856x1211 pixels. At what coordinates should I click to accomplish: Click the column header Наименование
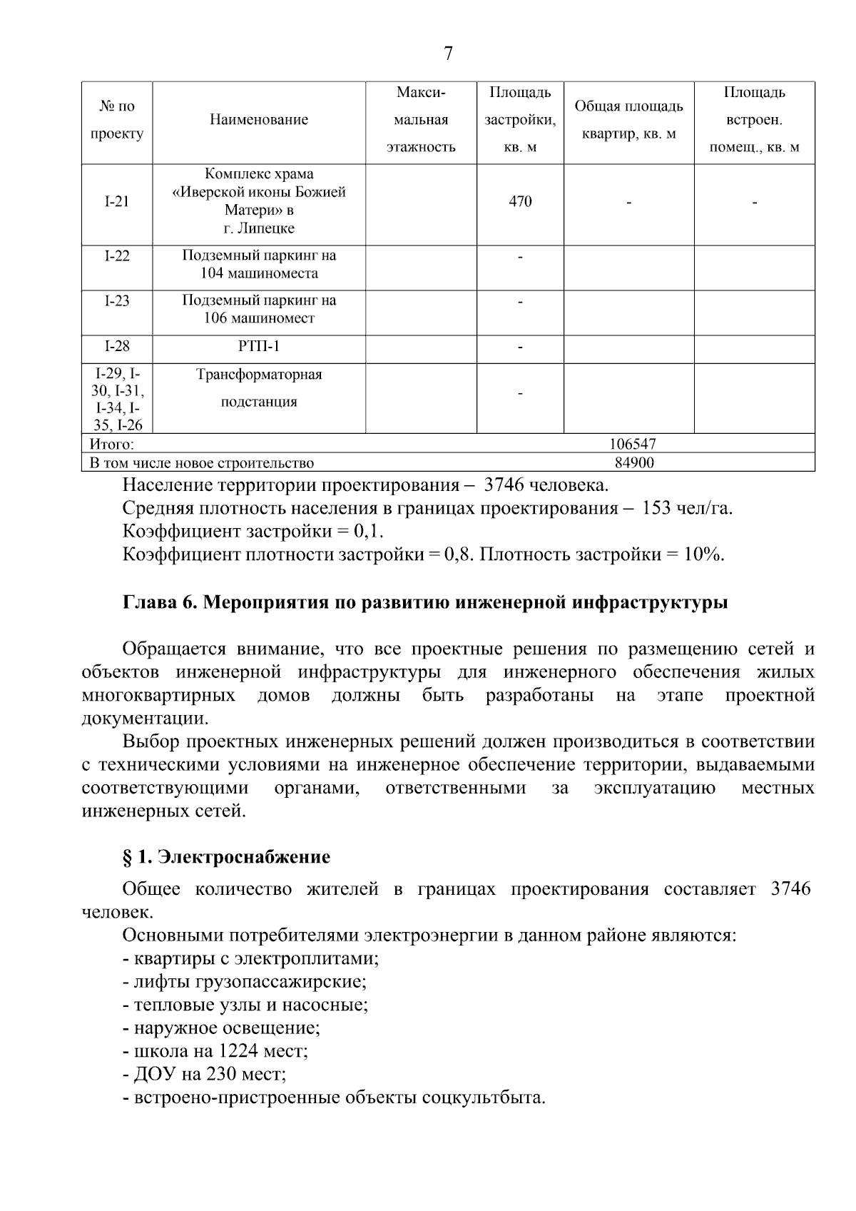(x=259, y=120)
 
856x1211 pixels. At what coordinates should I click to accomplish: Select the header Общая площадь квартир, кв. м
(x=628, y=120)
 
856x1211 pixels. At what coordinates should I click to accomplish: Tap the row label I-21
(x=117, y=202)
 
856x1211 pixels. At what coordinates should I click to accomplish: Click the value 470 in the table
(x=520, y=202)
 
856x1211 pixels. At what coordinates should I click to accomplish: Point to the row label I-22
(x=117, y=256)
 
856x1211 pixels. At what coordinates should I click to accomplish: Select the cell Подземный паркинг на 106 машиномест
(x=259, y=310)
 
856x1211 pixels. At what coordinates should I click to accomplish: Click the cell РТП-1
(x=259, y=347)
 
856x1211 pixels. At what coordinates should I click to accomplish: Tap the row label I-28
(x=117, y=347)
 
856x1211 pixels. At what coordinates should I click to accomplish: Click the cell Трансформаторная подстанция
(x=259, y=388)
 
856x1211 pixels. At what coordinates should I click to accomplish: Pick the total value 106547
(x=633, y=445)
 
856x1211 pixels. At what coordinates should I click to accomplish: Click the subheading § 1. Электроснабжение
(x=226, y=857)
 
